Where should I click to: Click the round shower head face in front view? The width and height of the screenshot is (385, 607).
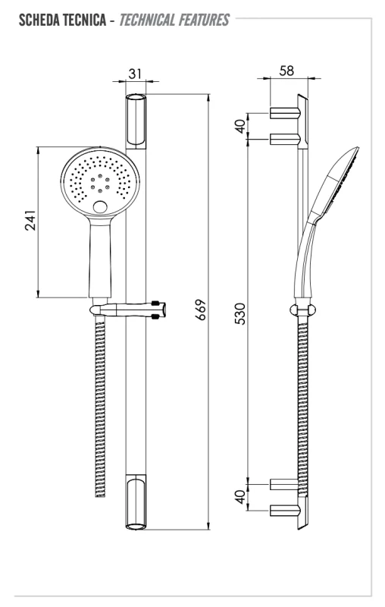pyautogui.click(x=101, y=182)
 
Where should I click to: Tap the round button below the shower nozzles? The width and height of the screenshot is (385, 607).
pyautogui.click(x=100, y=207)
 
